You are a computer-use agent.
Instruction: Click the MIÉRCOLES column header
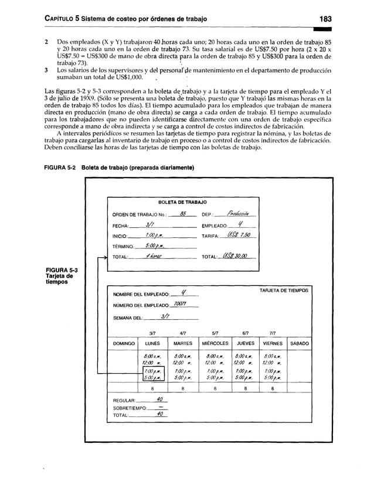(x=215, y=343)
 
